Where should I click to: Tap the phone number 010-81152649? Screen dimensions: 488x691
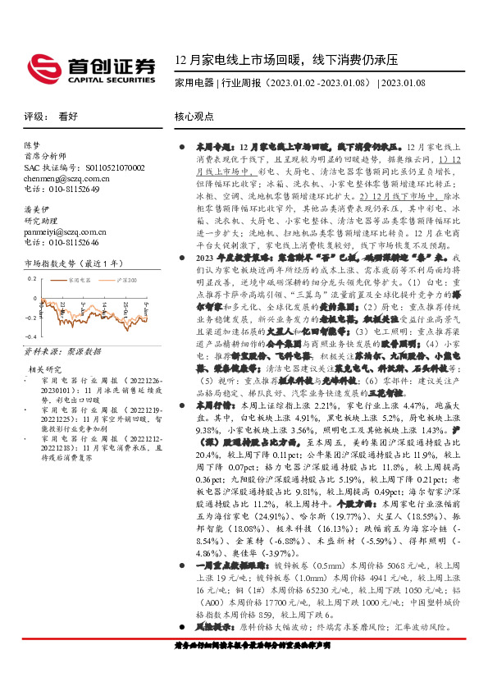(x=62, y=189)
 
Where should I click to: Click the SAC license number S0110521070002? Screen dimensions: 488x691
(x=84, y=167)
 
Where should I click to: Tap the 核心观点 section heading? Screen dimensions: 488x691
(x=195, y=117)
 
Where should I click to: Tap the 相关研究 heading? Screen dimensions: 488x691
(x=44, y=369)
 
